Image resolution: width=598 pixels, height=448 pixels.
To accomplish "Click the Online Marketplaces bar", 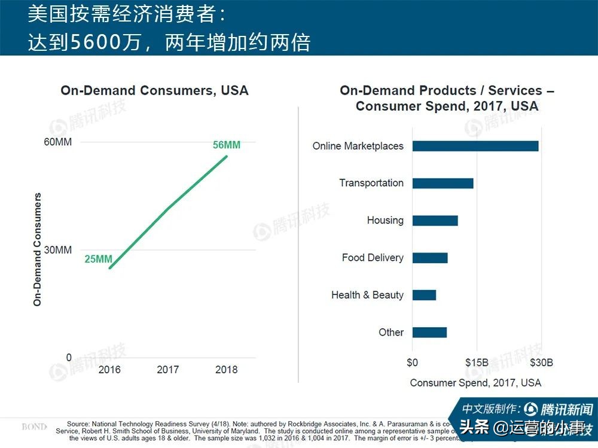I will (x=475, y=146).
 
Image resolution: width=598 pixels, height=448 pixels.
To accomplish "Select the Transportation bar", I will (x=443, y=183).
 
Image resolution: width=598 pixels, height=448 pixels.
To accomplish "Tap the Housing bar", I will (x=435, y=221).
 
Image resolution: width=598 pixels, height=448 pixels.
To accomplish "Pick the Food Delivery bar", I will (x=430, y=258).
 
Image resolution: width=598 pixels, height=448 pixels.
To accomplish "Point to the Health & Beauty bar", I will (x=424, y=295).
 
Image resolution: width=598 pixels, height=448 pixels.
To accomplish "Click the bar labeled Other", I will (x=429, y=333).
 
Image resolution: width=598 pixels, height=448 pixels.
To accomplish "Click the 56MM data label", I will (x=227, y=145).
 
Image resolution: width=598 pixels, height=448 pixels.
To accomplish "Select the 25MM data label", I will (x=98, y=259).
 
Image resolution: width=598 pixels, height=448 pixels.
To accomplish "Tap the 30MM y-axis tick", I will (x=59, y=249).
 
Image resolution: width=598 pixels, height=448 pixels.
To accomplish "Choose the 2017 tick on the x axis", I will (x=168, y=370).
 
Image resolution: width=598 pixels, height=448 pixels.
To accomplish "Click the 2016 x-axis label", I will (x=109, y=370).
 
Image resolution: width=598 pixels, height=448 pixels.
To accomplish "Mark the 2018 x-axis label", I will (x=226, y=370).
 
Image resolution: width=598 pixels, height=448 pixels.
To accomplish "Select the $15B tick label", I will (x=477, y=362).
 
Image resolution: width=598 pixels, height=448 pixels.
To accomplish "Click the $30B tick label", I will (x=541, y=362).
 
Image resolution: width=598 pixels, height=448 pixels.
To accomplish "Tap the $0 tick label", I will (x=412, y=362).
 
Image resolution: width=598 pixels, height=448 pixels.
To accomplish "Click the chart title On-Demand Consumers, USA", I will (x=154, y=91).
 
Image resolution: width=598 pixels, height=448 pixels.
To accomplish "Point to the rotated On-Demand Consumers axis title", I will (x=38, y=249).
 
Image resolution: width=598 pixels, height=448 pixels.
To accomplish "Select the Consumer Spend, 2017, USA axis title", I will (x=475, y=383).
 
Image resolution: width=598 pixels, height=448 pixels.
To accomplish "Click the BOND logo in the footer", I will (x=34, y=427).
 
